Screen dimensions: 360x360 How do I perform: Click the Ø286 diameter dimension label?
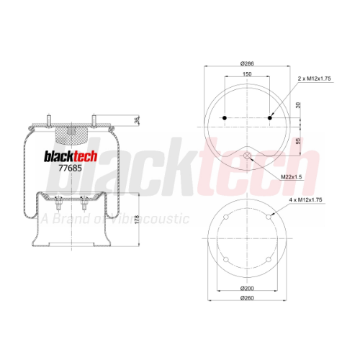pos(247,63)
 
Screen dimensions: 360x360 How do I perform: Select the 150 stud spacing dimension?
pos(247,74)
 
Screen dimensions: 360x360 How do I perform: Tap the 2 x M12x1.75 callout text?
pos(315,78)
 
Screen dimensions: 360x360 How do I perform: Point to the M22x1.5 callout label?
pos(292,177)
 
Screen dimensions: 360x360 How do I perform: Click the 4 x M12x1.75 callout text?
pos(305,199)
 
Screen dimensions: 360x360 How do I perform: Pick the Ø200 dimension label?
pos(247,288)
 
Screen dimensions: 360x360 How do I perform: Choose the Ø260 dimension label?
pos(247,298)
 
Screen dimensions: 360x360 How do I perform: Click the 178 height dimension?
pos(137,220)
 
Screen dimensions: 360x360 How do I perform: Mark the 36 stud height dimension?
pos(137,120)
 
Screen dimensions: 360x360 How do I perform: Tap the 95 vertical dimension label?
pos(298,141)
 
